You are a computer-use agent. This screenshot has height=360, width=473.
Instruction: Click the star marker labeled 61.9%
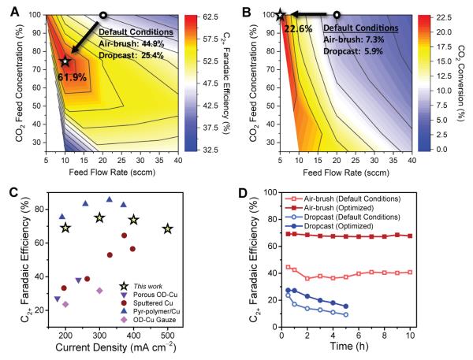[66, 61]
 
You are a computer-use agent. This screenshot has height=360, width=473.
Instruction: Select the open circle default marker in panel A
[103, 15]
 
